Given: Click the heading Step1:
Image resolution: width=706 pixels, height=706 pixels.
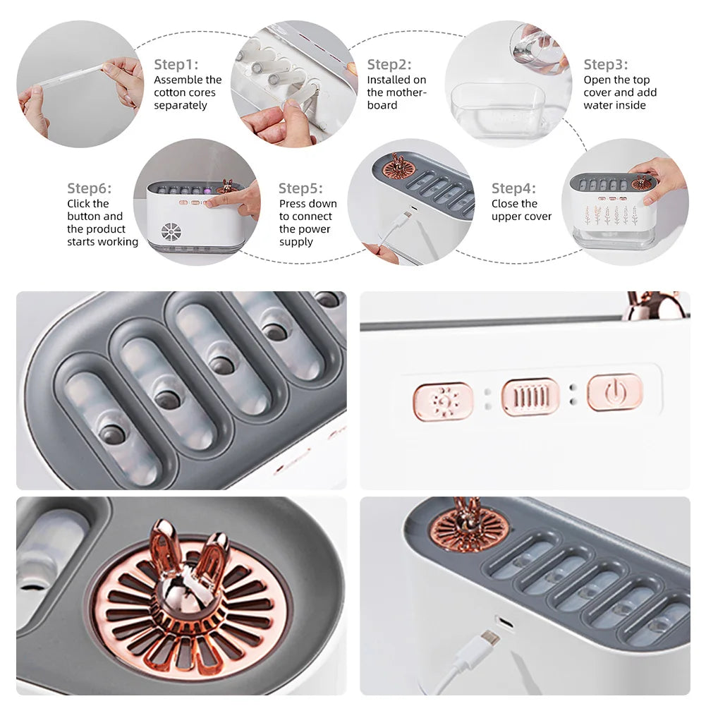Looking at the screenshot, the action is coord(176,64).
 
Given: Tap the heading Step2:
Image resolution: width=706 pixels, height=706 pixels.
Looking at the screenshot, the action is coord(389,64).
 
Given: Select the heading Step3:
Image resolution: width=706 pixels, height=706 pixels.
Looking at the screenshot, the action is coord(606,64).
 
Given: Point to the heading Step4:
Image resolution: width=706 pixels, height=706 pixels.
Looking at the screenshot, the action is coord(513,188).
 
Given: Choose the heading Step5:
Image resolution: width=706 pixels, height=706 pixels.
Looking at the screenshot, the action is coord(300,188).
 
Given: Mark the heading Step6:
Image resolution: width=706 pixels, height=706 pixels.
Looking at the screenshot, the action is coord(89,188).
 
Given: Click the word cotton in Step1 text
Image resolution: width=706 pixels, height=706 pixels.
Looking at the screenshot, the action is coord(169,93).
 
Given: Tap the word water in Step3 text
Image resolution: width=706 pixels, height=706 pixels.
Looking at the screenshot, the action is coord(597,105).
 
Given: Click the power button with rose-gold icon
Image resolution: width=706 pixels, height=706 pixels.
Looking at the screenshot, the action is coord(615,393).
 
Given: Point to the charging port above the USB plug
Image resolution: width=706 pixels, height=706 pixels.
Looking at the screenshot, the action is coord(505,623).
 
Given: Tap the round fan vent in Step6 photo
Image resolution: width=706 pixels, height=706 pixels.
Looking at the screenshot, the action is coord(171,232).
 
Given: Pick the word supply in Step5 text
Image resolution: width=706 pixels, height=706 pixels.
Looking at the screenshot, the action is coord(296,242).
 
